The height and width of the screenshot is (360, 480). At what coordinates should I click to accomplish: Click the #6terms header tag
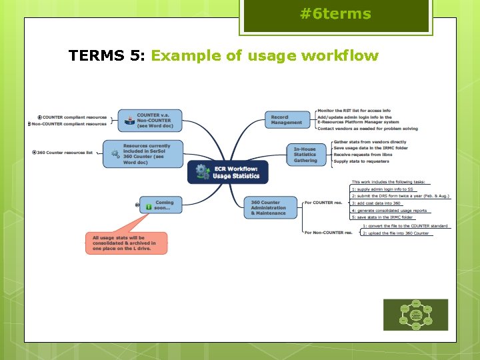[335, 15]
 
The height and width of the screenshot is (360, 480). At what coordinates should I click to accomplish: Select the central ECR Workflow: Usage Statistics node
[227, 172]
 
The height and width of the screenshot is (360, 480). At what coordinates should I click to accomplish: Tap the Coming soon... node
[161, 205]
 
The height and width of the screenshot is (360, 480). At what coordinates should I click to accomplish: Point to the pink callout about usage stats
[126, 243]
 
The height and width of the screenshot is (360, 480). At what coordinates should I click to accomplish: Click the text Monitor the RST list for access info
[363, 111]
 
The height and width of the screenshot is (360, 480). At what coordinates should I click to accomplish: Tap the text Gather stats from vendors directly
[369, 142]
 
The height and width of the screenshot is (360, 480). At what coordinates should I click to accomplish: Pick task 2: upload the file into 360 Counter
[396, 233]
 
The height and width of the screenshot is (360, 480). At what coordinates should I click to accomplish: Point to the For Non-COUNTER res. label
[328, 233]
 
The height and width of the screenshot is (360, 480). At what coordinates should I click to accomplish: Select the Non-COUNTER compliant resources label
[69, 124]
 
